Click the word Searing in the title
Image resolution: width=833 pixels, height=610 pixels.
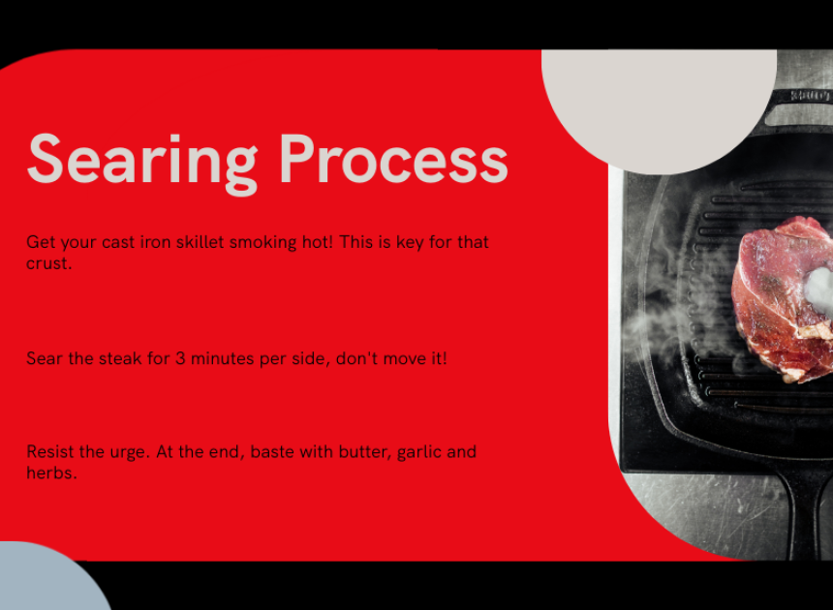tap(142, 163)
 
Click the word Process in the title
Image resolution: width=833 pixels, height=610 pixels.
tap(393, 158)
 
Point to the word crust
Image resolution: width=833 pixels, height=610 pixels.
tap(48, 263)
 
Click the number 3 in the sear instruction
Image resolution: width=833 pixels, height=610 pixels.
tap(180, 358)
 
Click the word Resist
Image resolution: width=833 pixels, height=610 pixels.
tap(50, 452)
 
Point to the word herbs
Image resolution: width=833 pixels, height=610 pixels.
tap(51, 473)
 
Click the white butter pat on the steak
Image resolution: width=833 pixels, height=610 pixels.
tap(819, 290)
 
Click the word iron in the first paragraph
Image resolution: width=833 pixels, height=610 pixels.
tap(155, 242)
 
